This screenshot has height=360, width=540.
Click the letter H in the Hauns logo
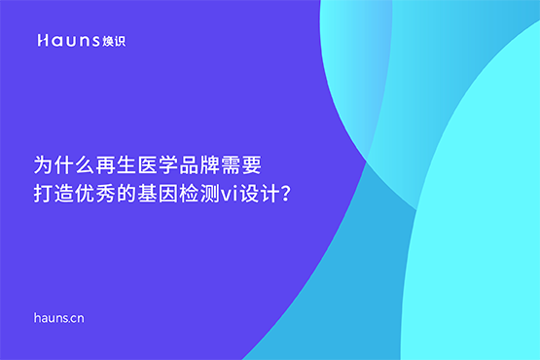pos(42,41)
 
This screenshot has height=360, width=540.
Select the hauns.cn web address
pos(58,317)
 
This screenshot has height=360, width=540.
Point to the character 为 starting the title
pos(42,162)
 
